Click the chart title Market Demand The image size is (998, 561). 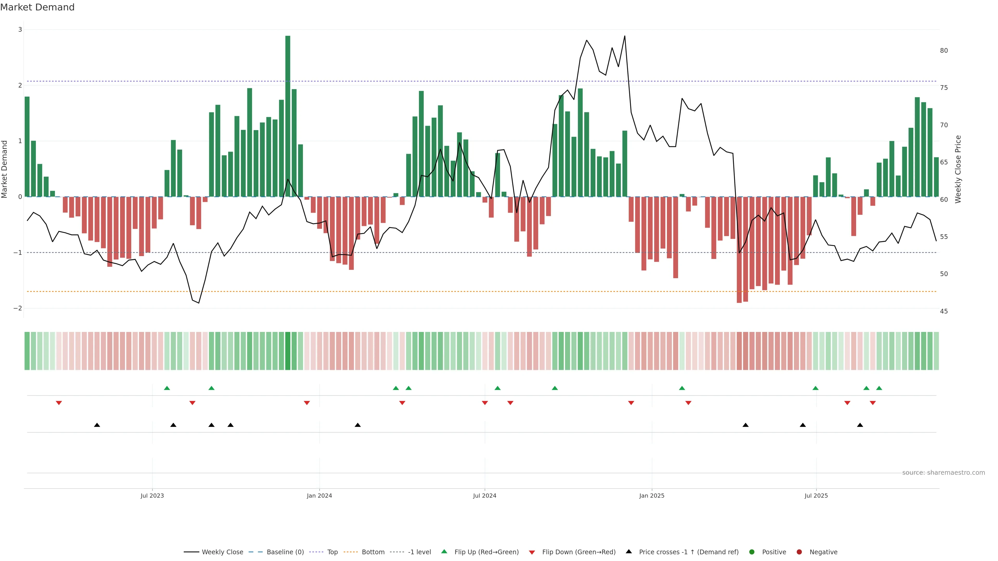(37, 7)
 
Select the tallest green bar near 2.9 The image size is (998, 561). (287, 116)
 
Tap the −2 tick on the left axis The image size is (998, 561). (18, 308)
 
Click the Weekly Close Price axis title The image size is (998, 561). (958, 169)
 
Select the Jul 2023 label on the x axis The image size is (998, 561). (152, 496)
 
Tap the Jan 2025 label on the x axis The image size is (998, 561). (652, 496)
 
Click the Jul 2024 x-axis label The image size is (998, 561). (484, 496)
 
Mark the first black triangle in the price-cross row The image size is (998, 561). (97, 425)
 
